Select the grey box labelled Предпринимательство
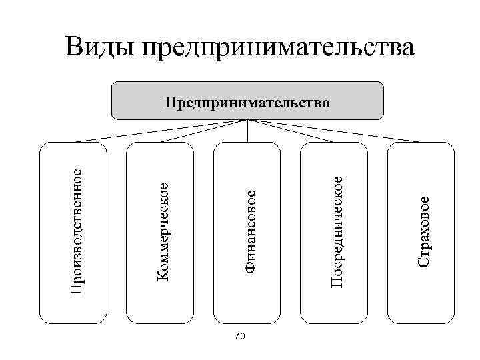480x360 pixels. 247,101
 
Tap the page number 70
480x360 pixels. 241,338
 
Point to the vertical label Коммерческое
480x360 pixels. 163,230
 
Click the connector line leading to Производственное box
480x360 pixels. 160,131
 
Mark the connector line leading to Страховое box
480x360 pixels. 333,131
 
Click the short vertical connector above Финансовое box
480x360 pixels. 247,131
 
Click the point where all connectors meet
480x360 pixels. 247,121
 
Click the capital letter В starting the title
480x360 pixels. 75,47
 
